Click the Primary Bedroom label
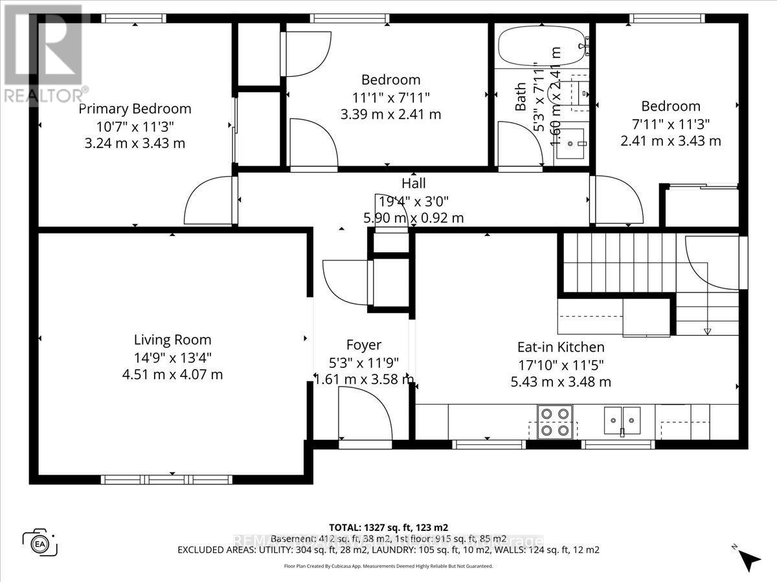(135, 109)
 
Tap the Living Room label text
(172, 339)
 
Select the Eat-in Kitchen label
(560, 347)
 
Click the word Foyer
(363, 345)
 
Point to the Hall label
(413, 184)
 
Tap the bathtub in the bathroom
(543, 45)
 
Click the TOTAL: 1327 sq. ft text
(388, 527)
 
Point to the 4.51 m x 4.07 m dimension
(172, 374)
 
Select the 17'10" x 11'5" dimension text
(560, 365)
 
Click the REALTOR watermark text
(45, 94)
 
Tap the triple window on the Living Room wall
(167, 479)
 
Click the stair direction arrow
(707, 330)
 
